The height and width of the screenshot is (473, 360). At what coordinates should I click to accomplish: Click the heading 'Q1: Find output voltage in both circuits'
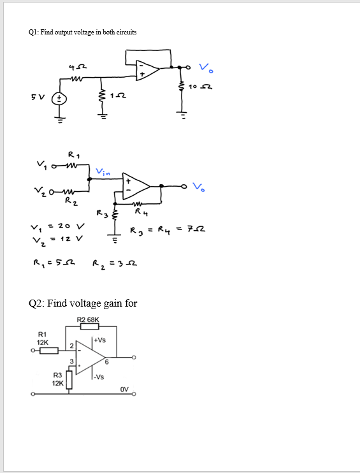point(83,32)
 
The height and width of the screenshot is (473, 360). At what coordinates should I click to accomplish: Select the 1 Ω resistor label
point(116,96)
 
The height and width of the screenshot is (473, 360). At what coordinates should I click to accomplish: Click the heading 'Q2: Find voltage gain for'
point(83,303)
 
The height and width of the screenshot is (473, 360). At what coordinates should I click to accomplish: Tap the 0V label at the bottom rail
point(123,388)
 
